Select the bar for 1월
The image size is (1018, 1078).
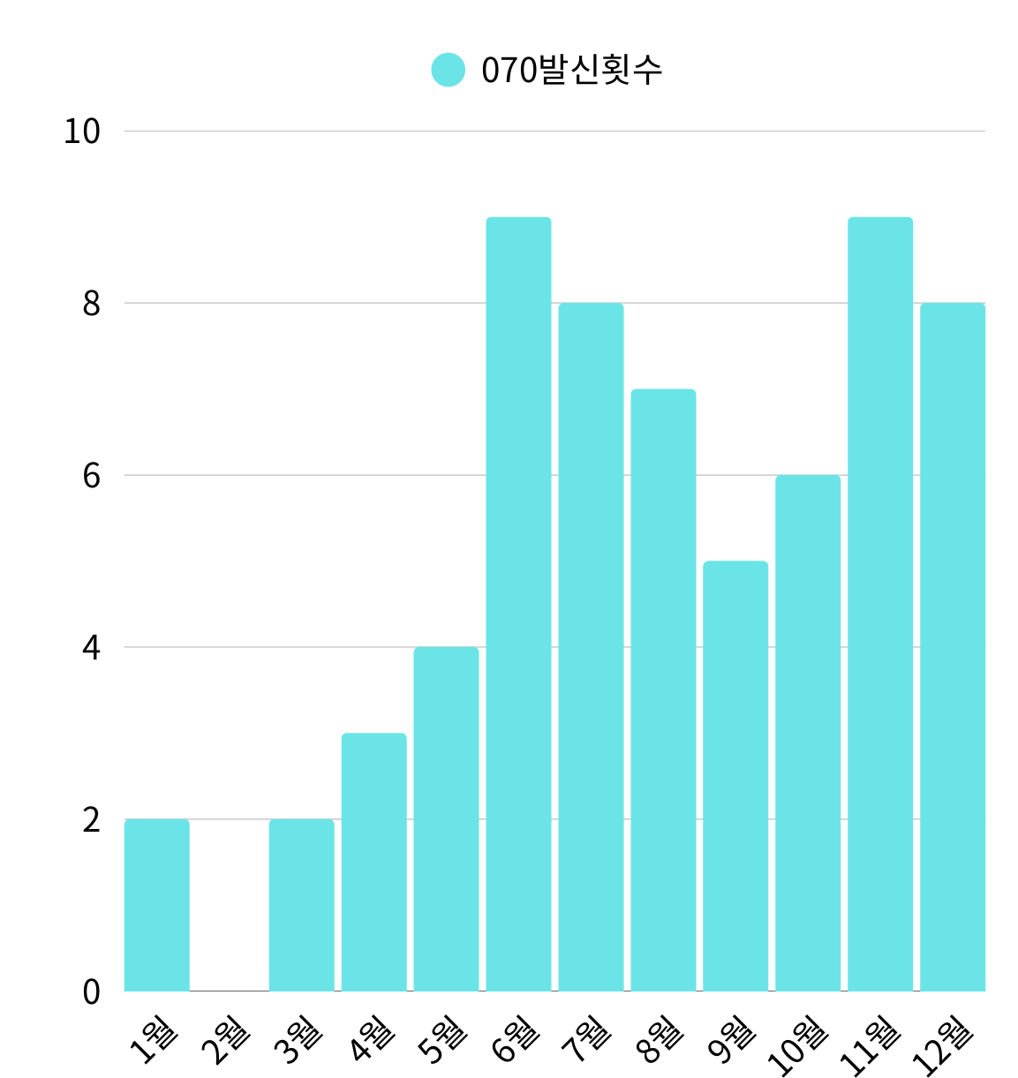pos(156,905)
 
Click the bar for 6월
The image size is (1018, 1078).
pos(518,604)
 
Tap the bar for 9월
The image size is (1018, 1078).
pos(735,776)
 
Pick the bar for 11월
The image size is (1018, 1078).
pos(880,604)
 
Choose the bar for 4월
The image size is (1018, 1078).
pos(373,862)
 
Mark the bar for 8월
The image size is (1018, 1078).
pos(663,690)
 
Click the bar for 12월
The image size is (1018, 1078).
pos(952,647)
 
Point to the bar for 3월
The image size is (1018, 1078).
pos(301,905)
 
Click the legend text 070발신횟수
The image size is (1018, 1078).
pos(571,71)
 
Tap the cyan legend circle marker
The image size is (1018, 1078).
pos(448,70)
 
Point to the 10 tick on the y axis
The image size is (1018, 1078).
pos(82,132)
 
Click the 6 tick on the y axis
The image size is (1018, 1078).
pos(92,476)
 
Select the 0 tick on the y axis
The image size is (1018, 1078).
pos(92,991)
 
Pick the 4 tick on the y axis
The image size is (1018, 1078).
pos(92,648)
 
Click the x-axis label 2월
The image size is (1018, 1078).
pos(226,1041)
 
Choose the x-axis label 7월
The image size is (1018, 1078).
pos(587,1041)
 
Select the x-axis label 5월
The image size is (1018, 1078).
pos(442,1041)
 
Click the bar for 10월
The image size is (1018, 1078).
pos(808,733)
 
